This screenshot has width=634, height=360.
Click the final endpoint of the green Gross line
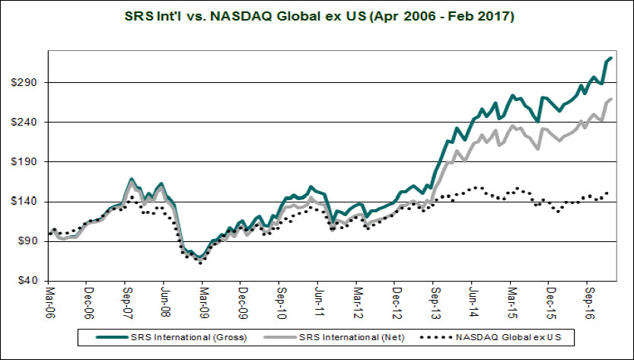click(x=612, y=58)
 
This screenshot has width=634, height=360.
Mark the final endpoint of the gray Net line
click(x=612, y=100)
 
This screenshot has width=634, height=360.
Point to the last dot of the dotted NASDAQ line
click(x=607, y=193)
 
